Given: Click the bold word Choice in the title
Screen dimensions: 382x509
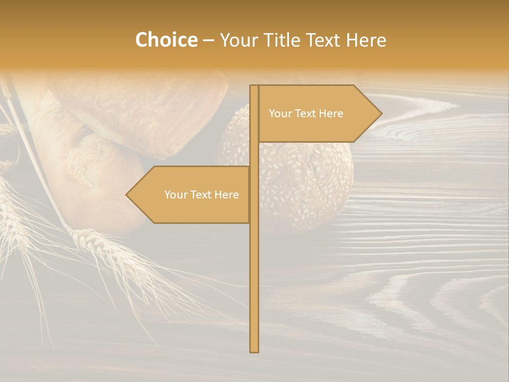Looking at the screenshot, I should point(166,40).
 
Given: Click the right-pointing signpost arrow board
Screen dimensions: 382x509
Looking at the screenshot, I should point(318,114).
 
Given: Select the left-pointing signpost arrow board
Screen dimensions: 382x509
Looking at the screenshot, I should point(191,195).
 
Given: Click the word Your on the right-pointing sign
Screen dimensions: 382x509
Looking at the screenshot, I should point(280,114).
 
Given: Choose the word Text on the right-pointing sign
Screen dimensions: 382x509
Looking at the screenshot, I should point(306,114).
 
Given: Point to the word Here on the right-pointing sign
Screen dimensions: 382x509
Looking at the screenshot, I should point(332,114).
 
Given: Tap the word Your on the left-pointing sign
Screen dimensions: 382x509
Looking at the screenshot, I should point(175,195).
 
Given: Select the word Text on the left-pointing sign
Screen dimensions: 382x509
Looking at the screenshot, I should point(201,195).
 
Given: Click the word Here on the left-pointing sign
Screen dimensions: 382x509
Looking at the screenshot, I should point(227,195).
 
